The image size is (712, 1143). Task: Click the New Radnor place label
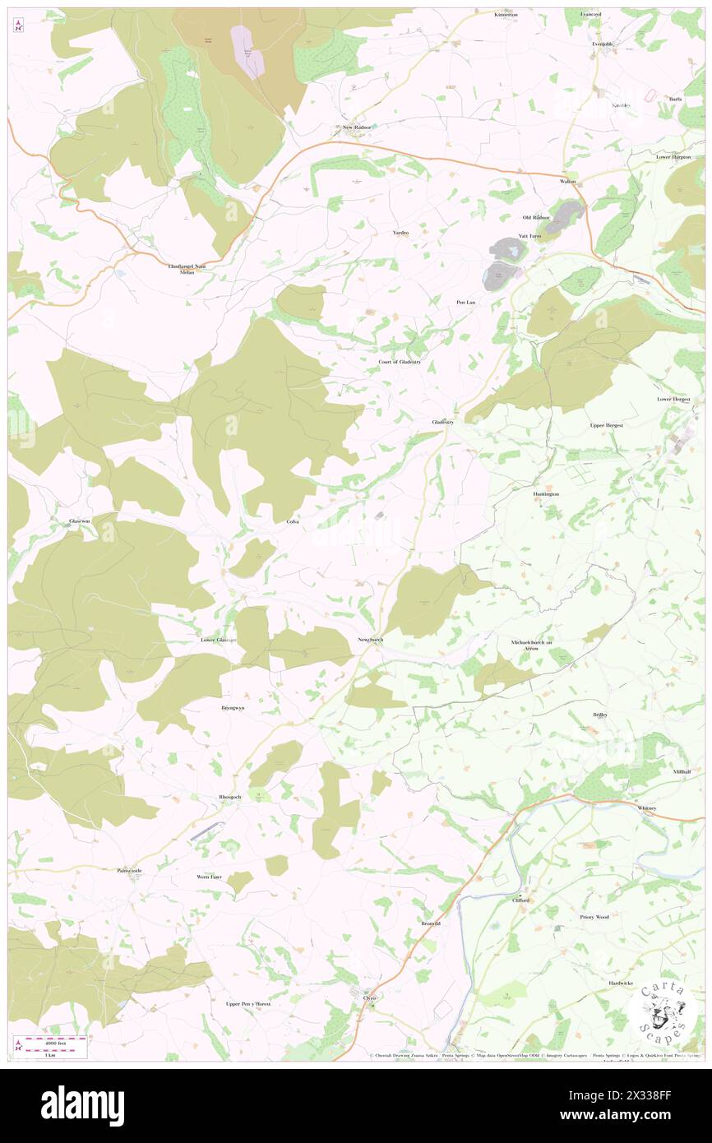pyautogui.click(x=358, y=127)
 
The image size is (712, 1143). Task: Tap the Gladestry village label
pyautogui.click(x=443, y=422)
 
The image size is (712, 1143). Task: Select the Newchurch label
pyautogui.click(x=370, y=640)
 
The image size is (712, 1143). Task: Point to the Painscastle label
pyautogui.click(x=130, y=870)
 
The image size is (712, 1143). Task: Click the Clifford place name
pyautogui.click(x=520, y=900)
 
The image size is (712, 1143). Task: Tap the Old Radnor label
pyautogui.click(x=535, y=217)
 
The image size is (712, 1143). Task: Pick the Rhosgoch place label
pyautogui.click(x=229, y=797)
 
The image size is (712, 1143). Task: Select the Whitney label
pyautogui.click(x=647, y=808)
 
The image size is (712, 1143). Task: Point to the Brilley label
pyautogui.click(x=600, y=715)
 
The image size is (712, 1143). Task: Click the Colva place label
pyautogui.click(x=292, y=522)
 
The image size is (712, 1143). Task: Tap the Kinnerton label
pyautogui.click(x=506, y=15)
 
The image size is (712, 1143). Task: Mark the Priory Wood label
pyautogui.click(x=594, y=916)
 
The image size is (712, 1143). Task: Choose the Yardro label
pyautogui.click(x=400, y=233)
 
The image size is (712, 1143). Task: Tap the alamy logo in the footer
pyautogui.click(x=82, y=1105)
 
